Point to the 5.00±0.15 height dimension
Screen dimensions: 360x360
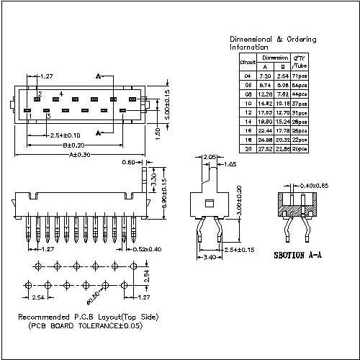pyautogui.click(x=167, y=104)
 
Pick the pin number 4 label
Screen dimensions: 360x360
pyautogui.click(x=60, y=94)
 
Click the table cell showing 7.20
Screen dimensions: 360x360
pyautogui.click(x=264, y=75)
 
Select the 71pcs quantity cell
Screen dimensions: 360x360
pyautogui.click(x=299, y=75)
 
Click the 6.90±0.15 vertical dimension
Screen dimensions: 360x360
pyautogui.click(x=166, y=192)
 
